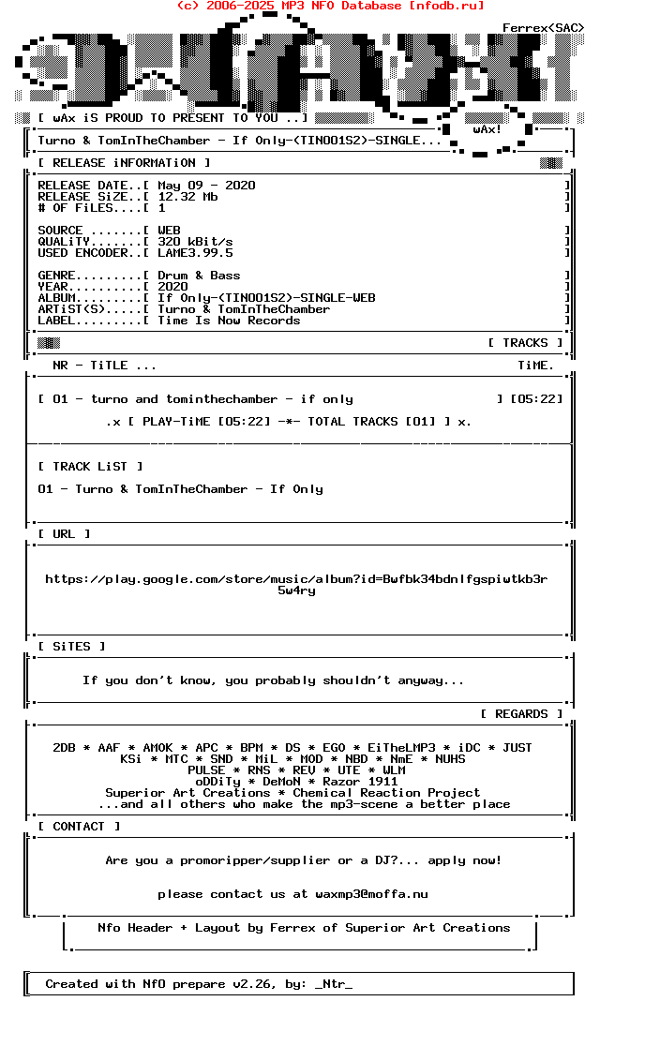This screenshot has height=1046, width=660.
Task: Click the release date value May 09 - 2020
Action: click(206, 186)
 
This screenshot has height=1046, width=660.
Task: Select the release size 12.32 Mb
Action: click(187, 197)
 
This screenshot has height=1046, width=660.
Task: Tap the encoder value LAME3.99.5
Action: click(195, 253)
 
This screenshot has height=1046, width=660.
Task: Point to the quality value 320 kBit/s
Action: click(195, 242)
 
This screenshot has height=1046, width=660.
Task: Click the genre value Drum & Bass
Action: click(199, 276)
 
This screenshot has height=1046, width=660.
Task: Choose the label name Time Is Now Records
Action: click(229, 321)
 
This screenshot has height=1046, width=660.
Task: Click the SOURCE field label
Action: click(60, 231)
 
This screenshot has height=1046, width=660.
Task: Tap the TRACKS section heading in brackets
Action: click(525, 343)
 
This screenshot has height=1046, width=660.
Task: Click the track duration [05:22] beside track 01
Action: click(536, 399)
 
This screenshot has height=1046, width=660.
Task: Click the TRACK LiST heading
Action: click(90, 467)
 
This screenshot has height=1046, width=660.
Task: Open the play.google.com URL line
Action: click(296, 579)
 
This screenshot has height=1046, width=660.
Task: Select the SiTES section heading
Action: click(71, 647)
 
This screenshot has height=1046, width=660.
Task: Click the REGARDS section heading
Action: click(521, 714)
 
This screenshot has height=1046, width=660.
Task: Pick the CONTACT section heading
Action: click(79, 827)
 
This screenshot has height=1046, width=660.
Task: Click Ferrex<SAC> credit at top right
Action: click(543, 28)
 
